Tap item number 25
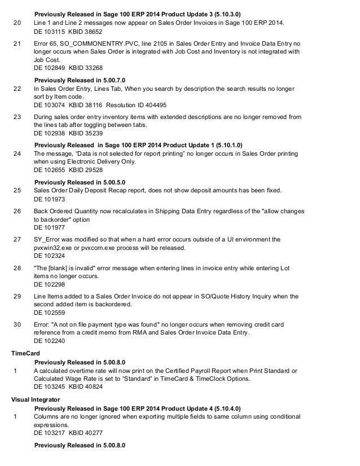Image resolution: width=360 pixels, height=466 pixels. tap(16, 191)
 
